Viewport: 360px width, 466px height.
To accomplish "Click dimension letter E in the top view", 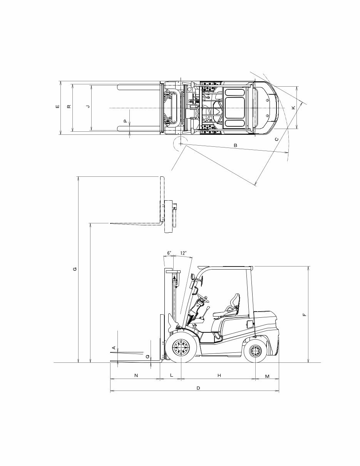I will pos(57,107).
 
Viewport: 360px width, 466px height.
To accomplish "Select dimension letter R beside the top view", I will pos(69,107).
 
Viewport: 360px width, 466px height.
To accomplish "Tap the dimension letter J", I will pos(88,106).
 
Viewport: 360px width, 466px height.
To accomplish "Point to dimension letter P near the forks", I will pos(125,121).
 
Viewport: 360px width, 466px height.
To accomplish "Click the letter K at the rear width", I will pos(293,108).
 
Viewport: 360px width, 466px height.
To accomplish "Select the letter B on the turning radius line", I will pos(235,145).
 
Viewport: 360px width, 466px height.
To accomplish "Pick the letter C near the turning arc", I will pos(276,139).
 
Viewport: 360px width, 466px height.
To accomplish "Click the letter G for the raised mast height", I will pos(75,269).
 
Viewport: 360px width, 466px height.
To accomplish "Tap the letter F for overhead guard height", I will pos(305,315).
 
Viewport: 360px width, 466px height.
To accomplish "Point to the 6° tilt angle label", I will pos(169,253).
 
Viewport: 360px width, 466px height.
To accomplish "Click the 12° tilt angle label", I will pos(183,253).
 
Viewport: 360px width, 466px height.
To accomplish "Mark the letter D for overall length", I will pos(198,388).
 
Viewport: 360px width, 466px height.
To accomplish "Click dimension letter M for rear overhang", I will pos(267,375).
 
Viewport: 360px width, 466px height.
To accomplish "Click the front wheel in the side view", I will pos(180,349).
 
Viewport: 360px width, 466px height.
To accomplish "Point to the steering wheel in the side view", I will pos(203,297).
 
